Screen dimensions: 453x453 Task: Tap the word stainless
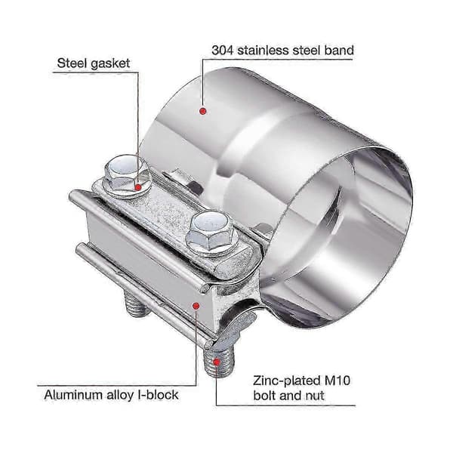click(263, 51)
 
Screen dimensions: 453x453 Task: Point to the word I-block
click(159, 395)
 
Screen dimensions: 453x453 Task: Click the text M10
click(337, 381)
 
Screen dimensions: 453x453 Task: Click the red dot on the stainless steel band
click(203, 111)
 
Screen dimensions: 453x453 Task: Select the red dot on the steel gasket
click(138, 187)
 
